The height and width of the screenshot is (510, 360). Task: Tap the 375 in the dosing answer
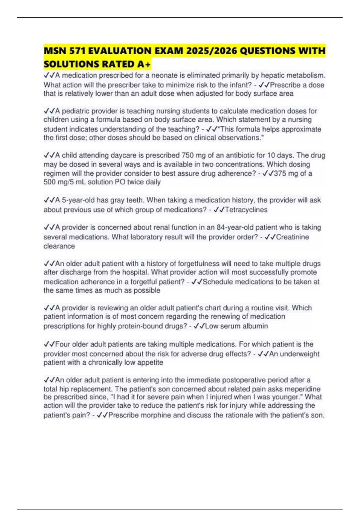pos(280,173)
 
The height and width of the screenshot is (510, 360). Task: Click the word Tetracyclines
pos(246,210)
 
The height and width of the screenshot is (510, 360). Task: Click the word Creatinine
pos(292,237)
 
